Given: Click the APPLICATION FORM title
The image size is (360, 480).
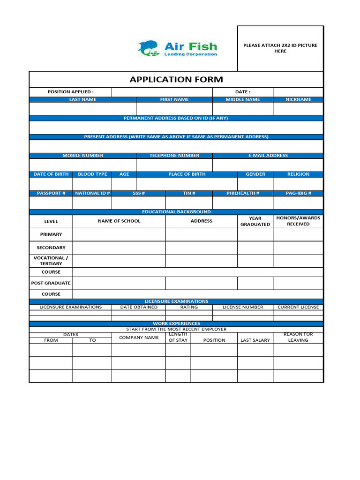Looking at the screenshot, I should tap(176, 80).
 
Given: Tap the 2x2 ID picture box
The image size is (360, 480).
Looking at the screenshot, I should tap(280, 48).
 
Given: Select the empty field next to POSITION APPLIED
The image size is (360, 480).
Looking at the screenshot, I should tap(162, 92).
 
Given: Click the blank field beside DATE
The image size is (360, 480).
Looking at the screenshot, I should tap(298, 92).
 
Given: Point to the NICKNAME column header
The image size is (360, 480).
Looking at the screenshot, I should tap(298, 100).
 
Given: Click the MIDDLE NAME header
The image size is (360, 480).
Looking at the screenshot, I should tap(242, 100).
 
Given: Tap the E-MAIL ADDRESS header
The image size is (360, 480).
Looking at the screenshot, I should tap(268, 156).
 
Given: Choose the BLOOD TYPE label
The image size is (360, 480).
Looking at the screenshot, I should tap(92, 174).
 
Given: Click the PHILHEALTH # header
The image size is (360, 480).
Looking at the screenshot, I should tap(242, 193).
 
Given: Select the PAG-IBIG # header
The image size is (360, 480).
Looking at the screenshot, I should tap(298, 193).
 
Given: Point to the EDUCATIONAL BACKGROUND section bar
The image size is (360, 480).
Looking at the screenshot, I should tap(176, 212).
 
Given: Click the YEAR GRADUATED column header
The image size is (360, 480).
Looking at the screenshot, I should tap(255, 221).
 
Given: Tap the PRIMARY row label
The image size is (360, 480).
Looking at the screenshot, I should tap(51, 234).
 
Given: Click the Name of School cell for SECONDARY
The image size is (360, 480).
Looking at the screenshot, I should tap(119, 247).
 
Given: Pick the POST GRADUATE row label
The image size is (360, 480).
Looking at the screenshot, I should tap(51, 283).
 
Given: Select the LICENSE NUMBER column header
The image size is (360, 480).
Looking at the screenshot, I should tap(242, 307).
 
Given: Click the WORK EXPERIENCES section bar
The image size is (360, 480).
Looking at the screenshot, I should tap(176, 323).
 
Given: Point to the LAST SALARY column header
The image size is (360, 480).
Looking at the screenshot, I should tap(255, 340).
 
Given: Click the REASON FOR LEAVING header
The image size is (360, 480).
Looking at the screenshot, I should tap(298, 337).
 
